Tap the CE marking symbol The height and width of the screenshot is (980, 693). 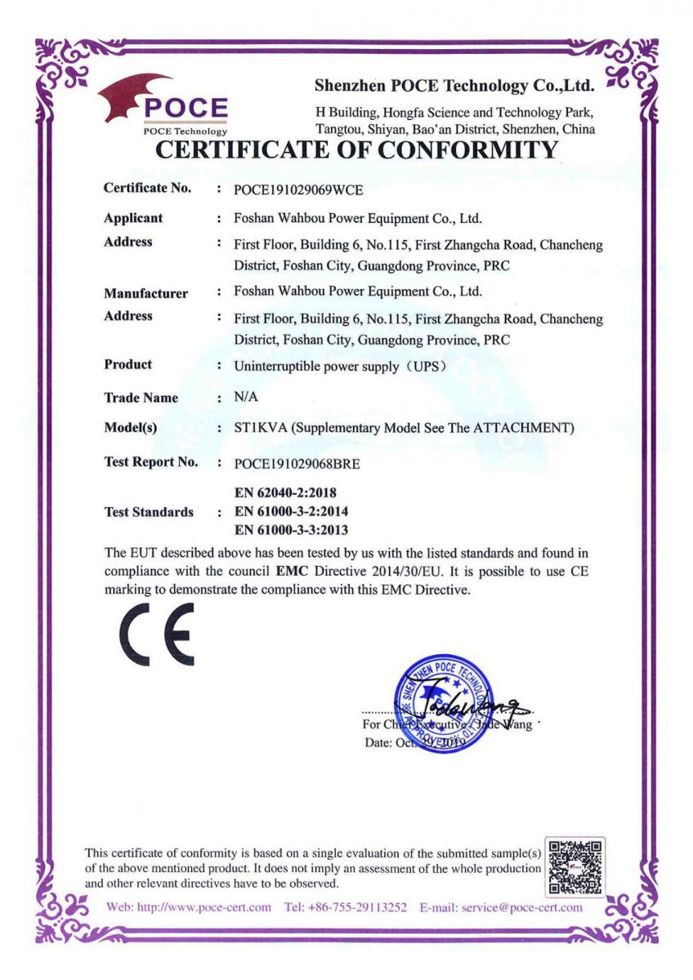pos(156,635)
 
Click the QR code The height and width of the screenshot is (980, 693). pos(577,866)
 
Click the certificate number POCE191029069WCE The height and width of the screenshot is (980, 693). pos(298,189)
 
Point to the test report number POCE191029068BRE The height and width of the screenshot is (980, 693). pos(297,464)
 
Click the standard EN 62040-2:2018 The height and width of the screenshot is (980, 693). pos(285,493)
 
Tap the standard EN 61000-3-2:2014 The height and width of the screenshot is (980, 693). pos(291,511)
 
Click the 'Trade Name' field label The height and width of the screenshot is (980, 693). pos(141,398)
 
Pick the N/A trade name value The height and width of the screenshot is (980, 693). pos(245,397)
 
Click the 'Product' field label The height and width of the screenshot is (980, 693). pos(127,364)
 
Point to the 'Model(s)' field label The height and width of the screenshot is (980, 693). pos(131,429)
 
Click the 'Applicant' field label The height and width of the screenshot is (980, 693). pos(133,218)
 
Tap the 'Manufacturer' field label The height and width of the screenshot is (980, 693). pos(145,292)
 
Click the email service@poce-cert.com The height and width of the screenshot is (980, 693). pos(522,907)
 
